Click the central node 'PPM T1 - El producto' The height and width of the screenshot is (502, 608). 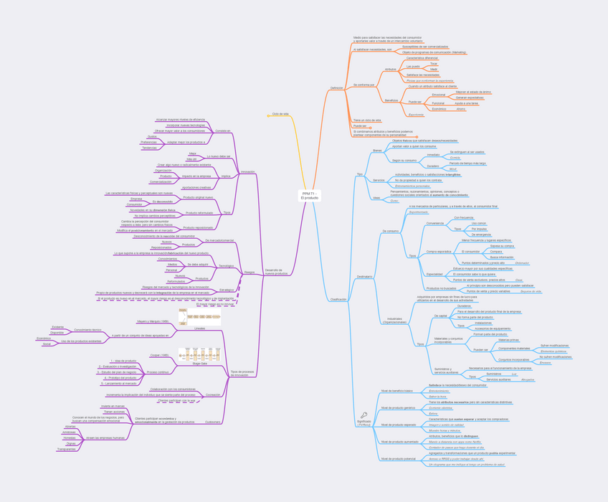[x=310, y=195]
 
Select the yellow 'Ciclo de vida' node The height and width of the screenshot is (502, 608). [x=280, y=114]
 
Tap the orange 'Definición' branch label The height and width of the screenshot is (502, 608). [x=336, y=88]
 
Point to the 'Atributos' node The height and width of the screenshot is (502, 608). [x=390, y=70]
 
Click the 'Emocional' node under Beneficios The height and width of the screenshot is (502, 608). [x=438, y=95]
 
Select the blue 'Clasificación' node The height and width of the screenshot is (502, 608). [x=338, y=299]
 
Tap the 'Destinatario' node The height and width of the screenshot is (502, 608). [x=364, y=277]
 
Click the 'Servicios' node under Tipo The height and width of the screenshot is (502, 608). [x=379, y=180]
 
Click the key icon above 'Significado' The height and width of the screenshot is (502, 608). [x=364, y=415]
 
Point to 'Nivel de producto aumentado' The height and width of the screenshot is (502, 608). [x=399, y=442]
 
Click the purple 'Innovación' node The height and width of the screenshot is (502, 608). [x=247, y=172]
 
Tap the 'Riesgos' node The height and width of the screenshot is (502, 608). [x=249, y=273]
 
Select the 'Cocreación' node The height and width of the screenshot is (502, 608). [x=213, y=394]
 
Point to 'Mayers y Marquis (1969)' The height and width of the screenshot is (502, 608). [x=153, y=322]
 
